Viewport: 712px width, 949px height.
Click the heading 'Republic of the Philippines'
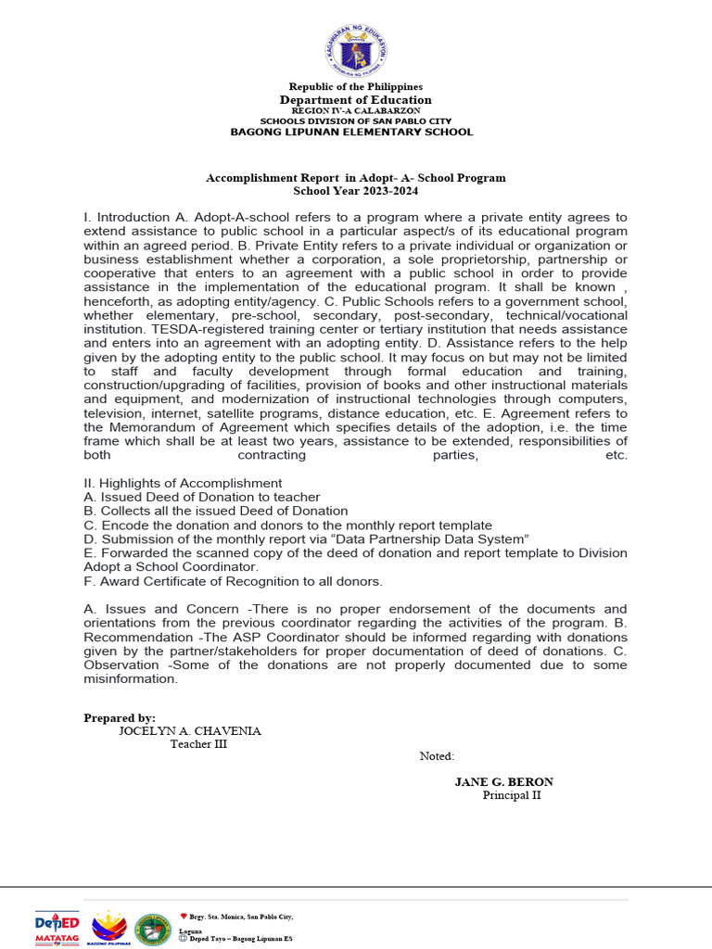click(x=356, y=87)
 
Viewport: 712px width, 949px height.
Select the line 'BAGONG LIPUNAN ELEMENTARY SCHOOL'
click(x=351, y=132)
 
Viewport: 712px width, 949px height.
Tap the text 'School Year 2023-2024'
click(x=356, y=191)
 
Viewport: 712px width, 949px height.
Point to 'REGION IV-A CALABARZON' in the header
click(x=356, y=110)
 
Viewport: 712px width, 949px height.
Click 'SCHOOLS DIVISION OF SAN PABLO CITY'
click(x=356, y=120)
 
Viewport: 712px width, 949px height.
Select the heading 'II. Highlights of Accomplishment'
click(x=183, y=483)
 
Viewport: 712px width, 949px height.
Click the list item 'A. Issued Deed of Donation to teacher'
click(x=201, y=497)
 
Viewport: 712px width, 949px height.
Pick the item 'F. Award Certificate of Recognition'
click(x=233, y=581)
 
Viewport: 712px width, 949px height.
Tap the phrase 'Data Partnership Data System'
click(x=434, y=538)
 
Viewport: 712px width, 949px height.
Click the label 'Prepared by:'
click(x=120, y=718)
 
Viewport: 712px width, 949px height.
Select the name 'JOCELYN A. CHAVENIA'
click(x=190, y=731)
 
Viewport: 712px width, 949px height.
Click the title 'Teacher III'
click(x=198, y=744)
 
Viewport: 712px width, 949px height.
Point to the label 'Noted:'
click(x=437, y=756)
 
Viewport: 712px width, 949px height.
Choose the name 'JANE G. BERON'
click(x=503, y=782)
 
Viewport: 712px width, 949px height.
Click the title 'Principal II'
click(x=512, y=795)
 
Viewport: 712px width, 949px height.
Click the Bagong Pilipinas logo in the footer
click(x=108, y=927)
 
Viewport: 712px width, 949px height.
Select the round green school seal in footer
click(x=152, y=929)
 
